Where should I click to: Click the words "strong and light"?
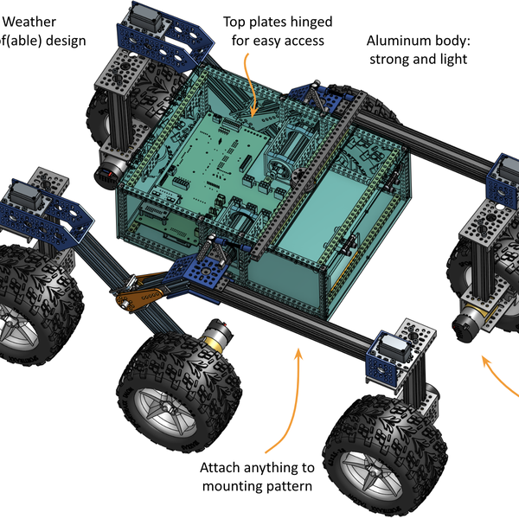417,60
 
